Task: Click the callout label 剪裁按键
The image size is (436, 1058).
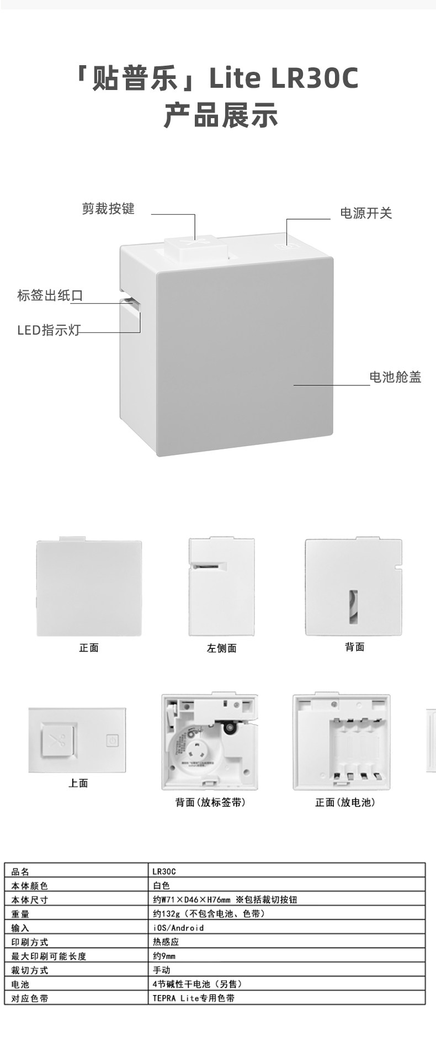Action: click(x=108, y=209)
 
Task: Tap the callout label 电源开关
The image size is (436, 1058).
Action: click(x=365, y=213)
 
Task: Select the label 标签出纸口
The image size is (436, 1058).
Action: click(x=50, y=295)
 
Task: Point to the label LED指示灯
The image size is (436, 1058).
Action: click(x=49, y=331)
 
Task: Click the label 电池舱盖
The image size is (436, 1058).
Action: click(x=395, y=377)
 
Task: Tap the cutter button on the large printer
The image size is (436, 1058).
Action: click(x=195, y=247)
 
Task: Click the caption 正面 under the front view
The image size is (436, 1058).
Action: click(x=89, y=648)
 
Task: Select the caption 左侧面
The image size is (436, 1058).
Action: click(x=222, y=648)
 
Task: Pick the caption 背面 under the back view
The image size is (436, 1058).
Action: click(x=354, y=647)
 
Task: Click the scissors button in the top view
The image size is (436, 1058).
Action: click(x=56, y=740)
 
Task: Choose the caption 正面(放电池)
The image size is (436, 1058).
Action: click(x=345, y=802)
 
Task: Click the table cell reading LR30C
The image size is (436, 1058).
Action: click(x=164, y=872)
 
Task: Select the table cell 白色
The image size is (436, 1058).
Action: click(x=161, y=886)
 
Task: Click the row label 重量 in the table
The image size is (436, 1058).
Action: click(x=20, y=914)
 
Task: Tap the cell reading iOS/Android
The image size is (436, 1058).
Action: click(x=178, y=928)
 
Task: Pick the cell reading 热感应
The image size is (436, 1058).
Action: click(x=166, y=942)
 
